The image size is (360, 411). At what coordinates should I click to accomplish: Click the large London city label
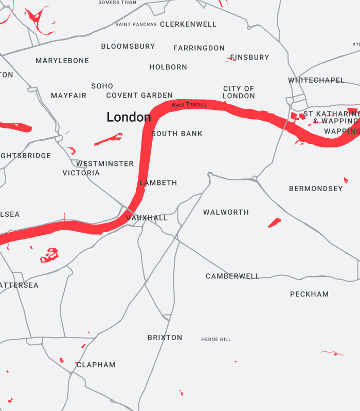(x=129, y=117)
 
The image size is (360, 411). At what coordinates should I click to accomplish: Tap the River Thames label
(x=189, y=105)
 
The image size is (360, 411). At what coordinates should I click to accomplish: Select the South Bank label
(x=177, y=134)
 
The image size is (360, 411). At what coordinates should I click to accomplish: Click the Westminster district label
(x=105, y=164)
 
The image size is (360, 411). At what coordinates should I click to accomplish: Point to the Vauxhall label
(x=147, y=218)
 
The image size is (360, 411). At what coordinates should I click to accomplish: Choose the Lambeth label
(x=158, y=183)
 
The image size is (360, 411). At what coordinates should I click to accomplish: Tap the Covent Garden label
(x=139, y=96)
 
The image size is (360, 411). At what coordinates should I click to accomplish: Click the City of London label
(x=239, y=92)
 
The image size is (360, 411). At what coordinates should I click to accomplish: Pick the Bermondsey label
(x=316, y=189)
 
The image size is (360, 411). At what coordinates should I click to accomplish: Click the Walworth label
(x=226, y=212)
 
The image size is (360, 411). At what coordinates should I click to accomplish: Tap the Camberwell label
(x=232, y=276)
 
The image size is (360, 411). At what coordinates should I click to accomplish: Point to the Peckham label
(x=309, y=294)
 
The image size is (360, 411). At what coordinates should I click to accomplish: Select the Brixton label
(x=165, y=338)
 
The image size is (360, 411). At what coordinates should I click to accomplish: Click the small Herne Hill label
(x=216, y=340)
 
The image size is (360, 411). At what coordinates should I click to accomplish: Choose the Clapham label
(x=97, y=365)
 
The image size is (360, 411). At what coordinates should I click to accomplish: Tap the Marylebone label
(x=62, y=61)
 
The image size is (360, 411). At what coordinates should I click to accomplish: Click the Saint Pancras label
(x=136, y=25)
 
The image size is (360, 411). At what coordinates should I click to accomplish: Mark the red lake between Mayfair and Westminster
(x=109, y=139)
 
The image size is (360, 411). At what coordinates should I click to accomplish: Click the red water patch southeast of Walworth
(x=275, y=222)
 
